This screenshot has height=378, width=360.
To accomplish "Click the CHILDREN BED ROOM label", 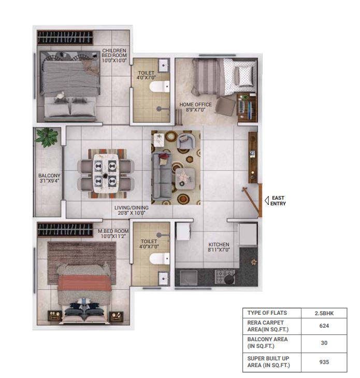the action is point(114,55).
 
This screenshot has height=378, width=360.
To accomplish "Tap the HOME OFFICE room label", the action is point(195,107).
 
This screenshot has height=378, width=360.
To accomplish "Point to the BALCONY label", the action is point(49,178).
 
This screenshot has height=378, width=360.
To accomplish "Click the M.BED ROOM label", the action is point(113,233).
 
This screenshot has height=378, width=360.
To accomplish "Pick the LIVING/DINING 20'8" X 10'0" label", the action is point(132,210).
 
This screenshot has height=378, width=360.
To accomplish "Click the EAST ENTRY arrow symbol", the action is point(267,201).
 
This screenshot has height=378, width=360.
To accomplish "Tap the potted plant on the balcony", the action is point(47,137).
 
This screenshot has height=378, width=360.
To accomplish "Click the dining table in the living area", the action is point(106,173).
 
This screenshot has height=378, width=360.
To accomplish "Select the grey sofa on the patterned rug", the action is point(162,175).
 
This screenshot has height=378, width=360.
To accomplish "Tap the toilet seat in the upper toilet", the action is point(160,87).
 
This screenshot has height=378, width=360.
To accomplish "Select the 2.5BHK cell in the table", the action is point(324,313).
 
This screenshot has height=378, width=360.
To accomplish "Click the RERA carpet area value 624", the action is point(324,326).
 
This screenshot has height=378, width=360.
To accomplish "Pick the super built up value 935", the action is point(324,362).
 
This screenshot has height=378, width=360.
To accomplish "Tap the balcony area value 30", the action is point(324,343).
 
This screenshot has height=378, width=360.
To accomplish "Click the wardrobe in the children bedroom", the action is point(65,37).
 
